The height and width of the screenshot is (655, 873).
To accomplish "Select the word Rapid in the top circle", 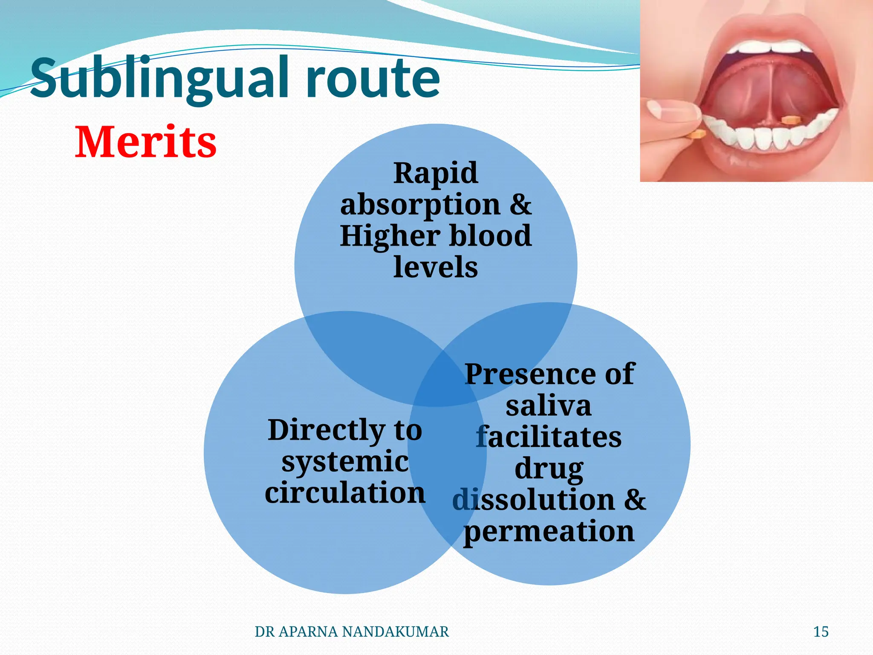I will click(x=435, y=173).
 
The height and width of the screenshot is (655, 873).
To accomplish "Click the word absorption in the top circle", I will click(x=420, y=205).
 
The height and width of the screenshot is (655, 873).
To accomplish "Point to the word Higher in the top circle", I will click(x=390, y=236).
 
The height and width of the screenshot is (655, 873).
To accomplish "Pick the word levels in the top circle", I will click(x=435, y=267).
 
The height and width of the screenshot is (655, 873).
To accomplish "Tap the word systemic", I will click(x=345, y=461).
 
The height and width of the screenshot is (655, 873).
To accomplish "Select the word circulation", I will click(x=345, y=493).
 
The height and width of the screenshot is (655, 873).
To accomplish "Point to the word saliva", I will click(x=549, y=406).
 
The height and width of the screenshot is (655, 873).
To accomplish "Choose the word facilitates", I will click(x=549, y=438).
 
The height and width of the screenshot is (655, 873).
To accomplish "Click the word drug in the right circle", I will click(x=549, y=469).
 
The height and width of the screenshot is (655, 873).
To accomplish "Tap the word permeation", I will click(x=549, y=532).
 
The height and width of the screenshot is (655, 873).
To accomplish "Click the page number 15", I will click(x=821, y=632).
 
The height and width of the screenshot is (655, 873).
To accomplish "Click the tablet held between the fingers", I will click(x=695, y=135).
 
